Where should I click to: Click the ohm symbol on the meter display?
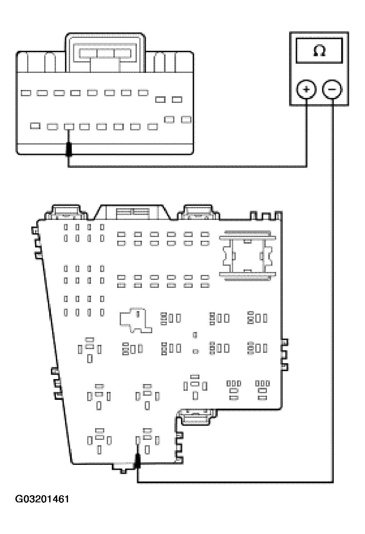(x=319, y=51)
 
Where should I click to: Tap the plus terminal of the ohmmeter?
(x=306, y=90)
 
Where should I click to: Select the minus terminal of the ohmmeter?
(x=332, y=90)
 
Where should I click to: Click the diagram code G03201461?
(x=42, y=499)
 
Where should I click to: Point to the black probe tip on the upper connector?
(x=69, y=149)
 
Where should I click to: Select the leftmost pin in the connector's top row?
(x=26, y=93)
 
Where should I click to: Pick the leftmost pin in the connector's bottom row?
(x=35, y=126)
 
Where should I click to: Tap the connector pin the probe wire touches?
(x=69, y=127)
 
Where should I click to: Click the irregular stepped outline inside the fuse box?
(x=136, y=320)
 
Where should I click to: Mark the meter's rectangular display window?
(x=319, y=51)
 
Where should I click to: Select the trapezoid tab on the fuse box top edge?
(x=133, y=212)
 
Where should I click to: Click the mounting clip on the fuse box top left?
(x=66, y=212)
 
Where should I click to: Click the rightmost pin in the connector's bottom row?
(x=186, y=120)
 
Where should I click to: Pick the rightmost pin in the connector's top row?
(x=177, y=100)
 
